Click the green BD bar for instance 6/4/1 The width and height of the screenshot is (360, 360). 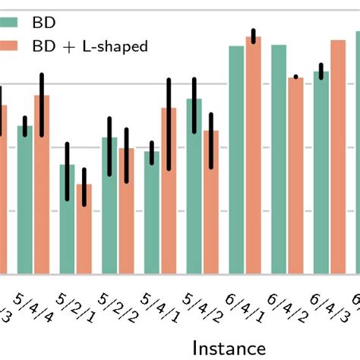pyautogui.click(x=237, y=159)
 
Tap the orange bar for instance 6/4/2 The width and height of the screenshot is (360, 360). pyautogui.click(x=295, y=175)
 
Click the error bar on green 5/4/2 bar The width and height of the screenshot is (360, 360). pyautogui.click(x=194, y=105)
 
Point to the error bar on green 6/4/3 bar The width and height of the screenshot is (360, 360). pyautogui.click(x=321, y=71)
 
